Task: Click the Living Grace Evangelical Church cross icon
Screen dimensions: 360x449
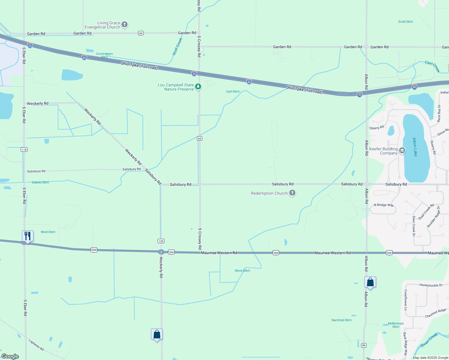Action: (x=125, y=25)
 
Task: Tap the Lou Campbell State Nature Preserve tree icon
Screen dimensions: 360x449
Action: (x=198, y=87)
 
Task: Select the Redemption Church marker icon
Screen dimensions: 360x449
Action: (x=292, y=193)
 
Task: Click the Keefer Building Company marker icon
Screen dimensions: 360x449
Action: (x=402, y=151)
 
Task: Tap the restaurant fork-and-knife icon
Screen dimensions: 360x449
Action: (x=28, y=236)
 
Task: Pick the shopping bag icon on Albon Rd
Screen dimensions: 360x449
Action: (x=370, y=282)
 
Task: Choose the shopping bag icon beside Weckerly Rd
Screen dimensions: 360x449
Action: (x=157, y=334)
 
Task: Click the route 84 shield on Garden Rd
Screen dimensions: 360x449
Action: (x=141, y=33)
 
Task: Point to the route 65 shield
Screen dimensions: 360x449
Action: (x=200, y=138)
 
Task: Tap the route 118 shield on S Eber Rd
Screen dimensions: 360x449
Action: (x=24, y=149)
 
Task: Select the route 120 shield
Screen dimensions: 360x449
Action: (x=161, y=241)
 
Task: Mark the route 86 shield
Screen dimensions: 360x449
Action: (x=364, y=345)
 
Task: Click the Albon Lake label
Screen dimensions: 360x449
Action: (x=415, y=147)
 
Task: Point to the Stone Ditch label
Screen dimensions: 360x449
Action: (x=242, y=271)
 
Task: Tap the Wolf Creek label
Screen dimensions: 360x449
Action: (x=177, y=46)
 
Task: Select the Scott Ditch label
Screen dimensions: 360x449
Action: (x=405, y=22)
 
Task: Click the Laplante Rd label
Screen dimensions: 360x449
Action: (x=36, y=345)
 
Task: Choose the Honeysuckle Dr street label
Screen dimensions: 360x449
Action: (x=431, y=285)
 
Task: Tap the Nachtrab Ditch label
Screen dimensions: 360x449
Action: (x=342, y=320)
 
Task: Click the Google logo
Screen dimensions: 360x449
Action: (x=10, y=356)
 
